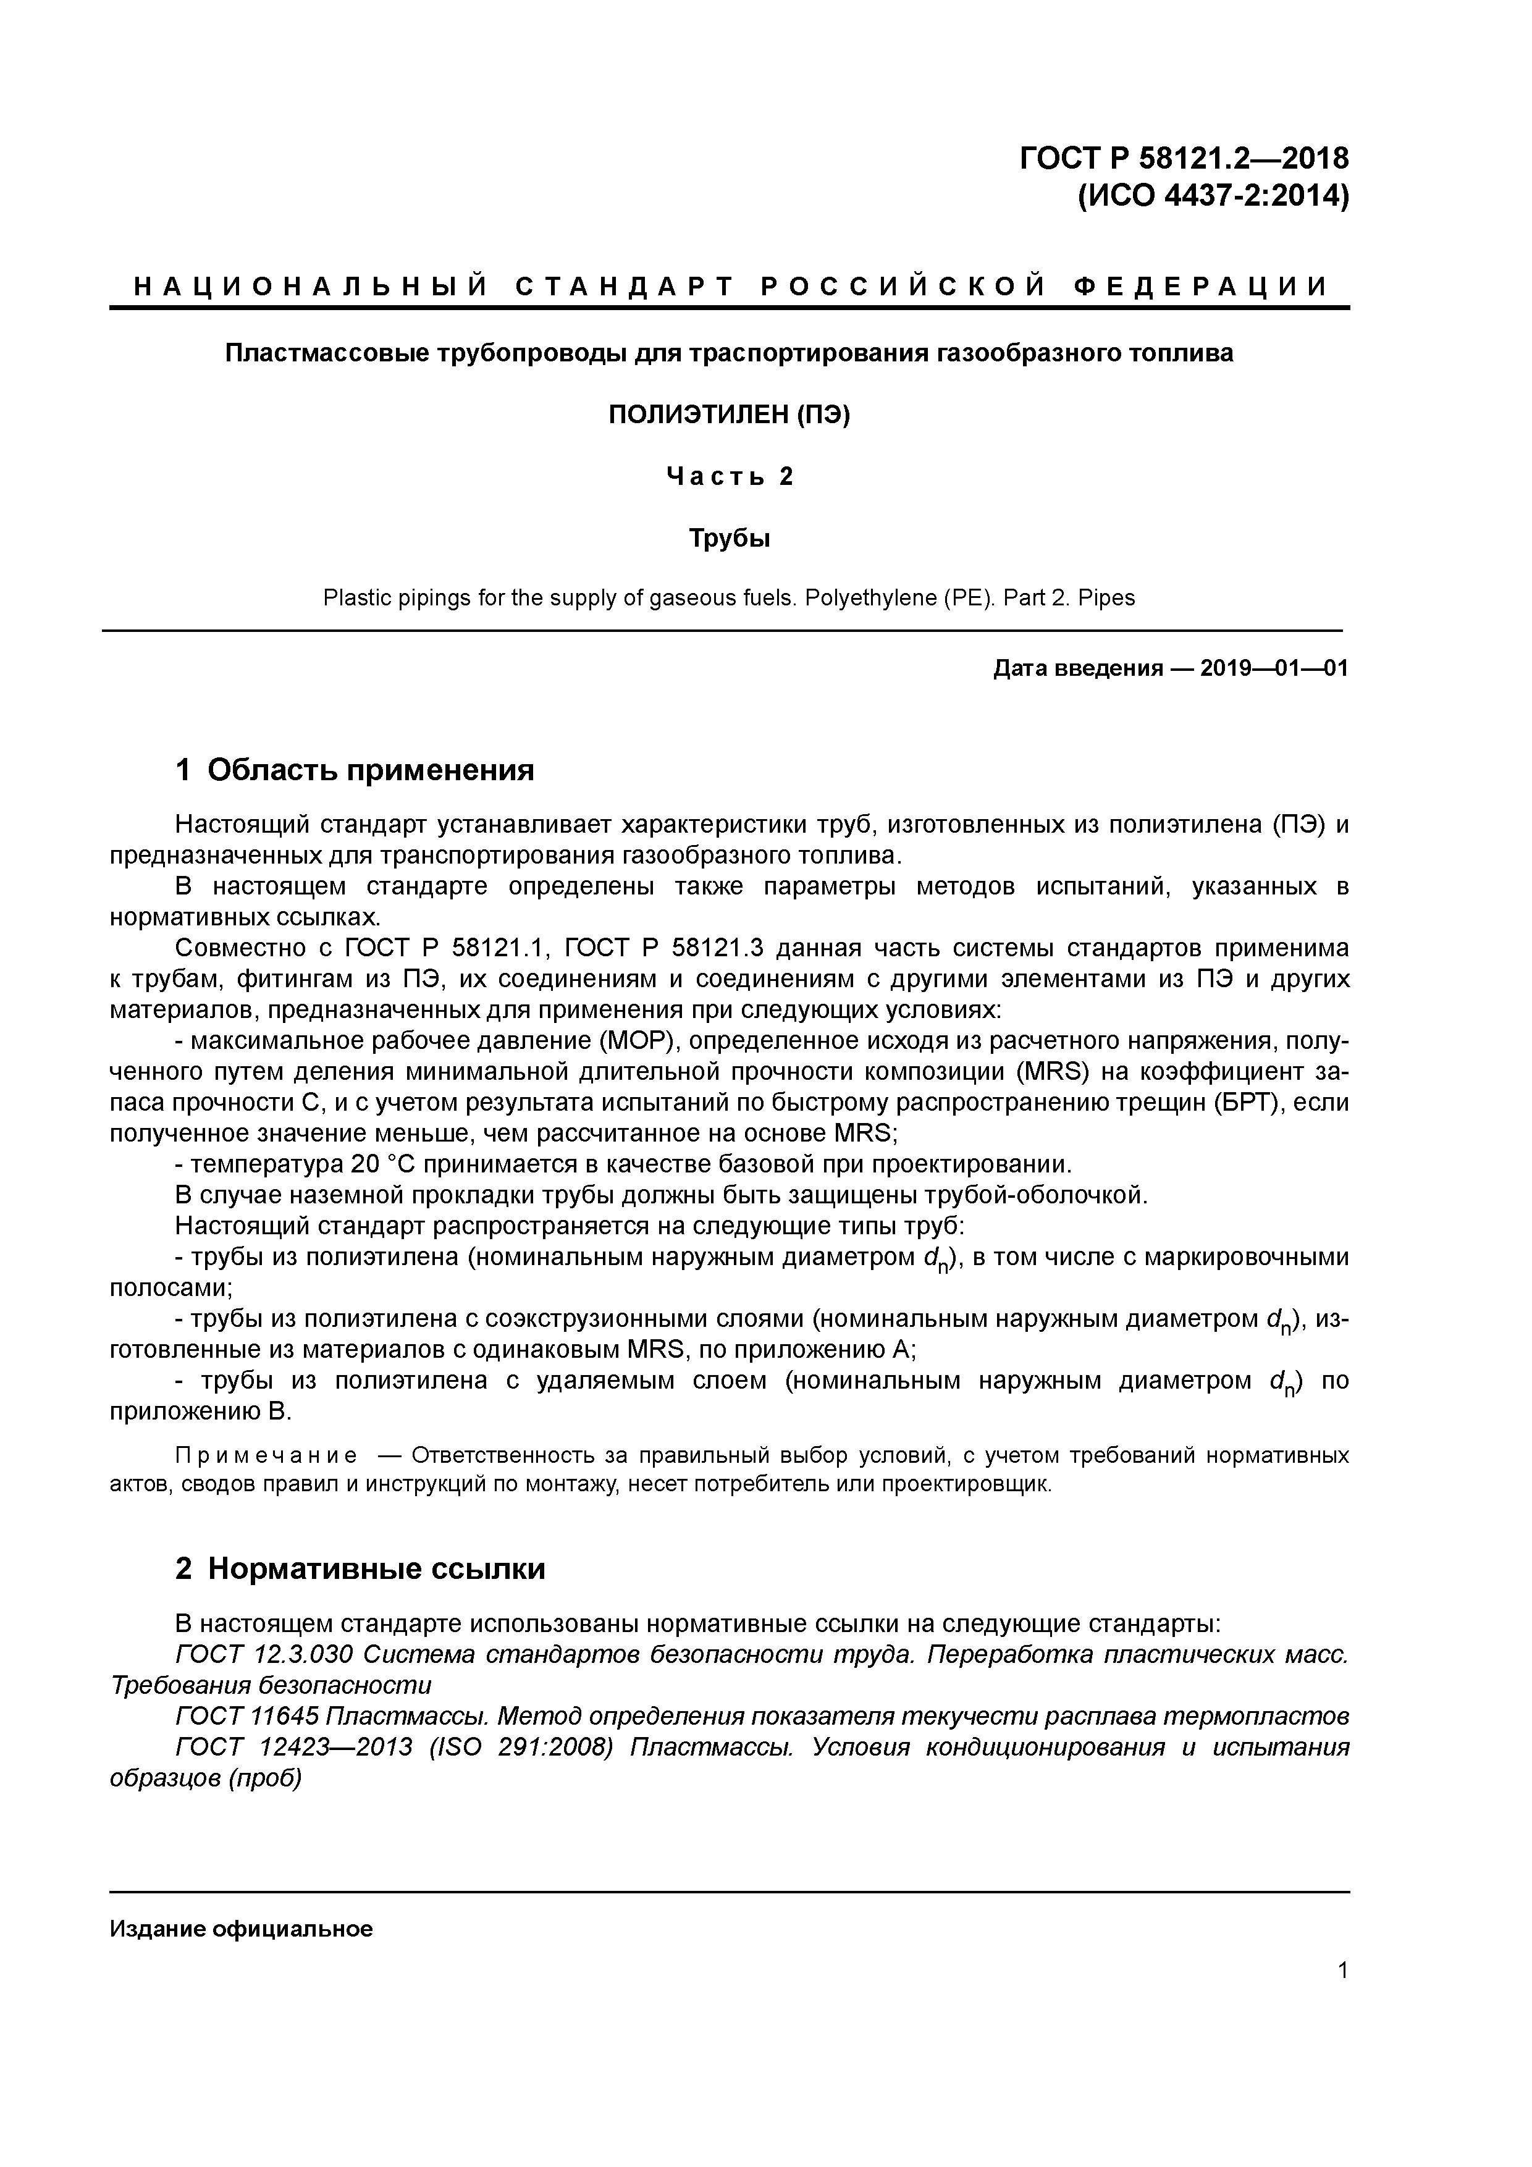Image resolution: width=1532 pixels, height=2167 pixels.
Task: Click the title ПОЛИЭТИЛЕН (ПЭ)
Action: click(729, 414)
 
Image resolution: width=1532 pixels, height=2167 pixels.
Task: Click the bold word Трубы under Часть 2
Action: click(729, 539)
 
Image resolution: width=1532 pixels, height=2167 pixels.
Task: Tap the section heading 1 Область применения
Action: click(355, 770)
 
